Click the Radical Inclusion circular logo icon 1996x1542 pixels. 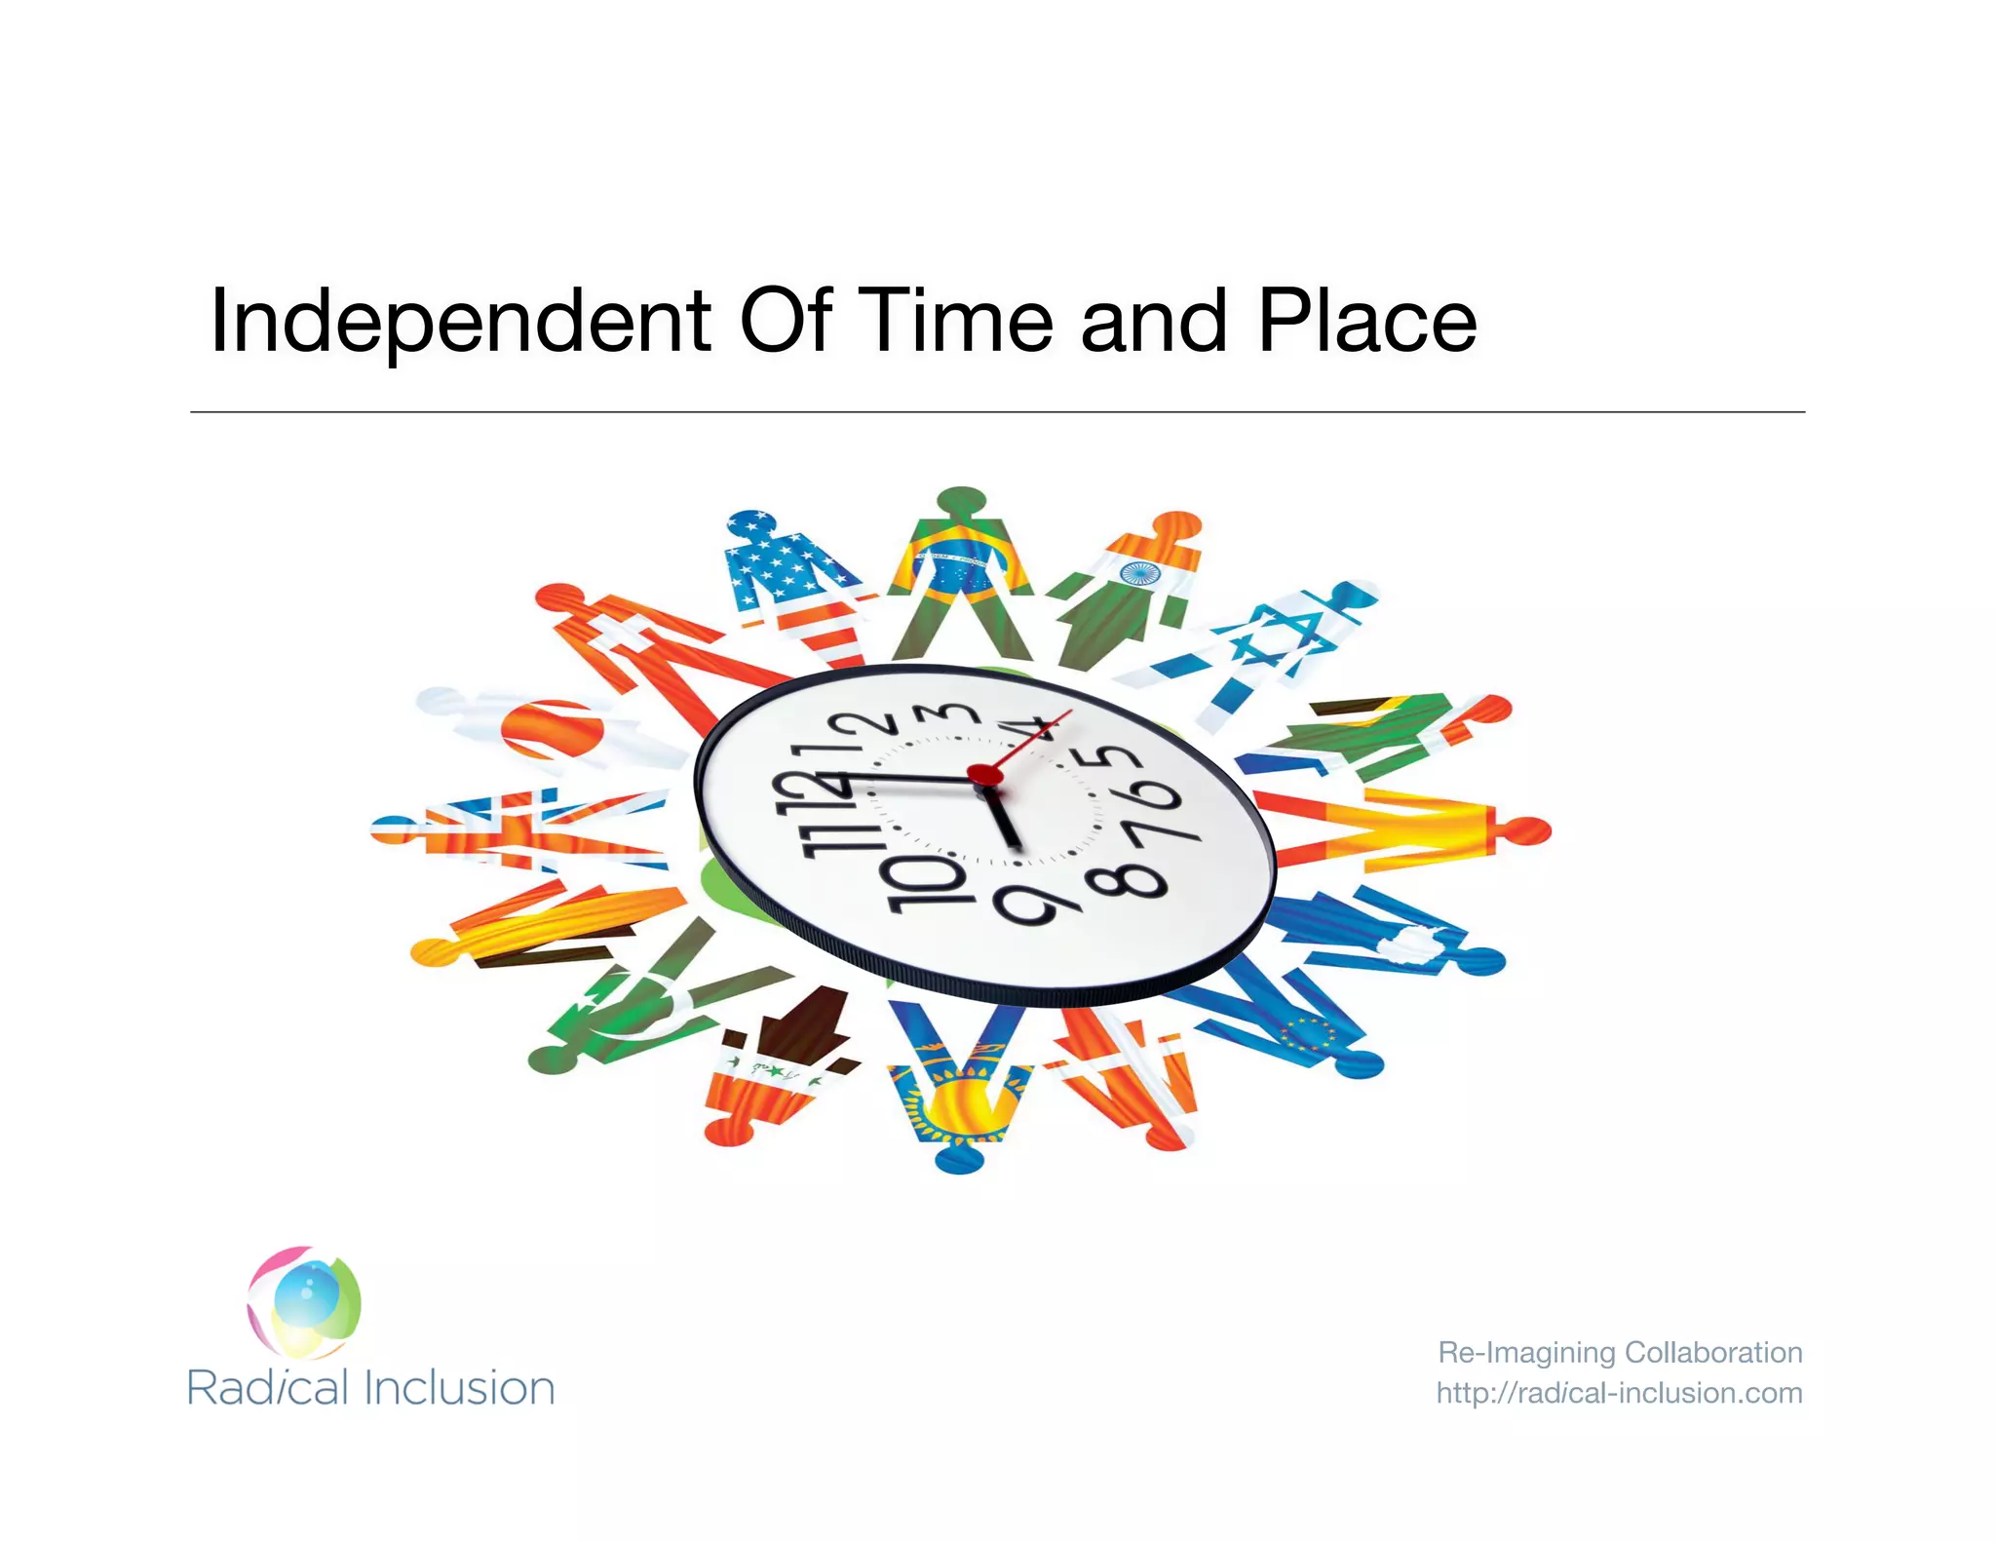coord(304,1302)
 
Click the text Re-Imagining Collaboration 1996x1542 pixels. coord(1619,1352)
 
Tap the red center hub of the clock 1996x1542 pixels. coord(983,775)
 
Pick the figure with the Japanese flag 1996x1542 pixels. coord(546,726)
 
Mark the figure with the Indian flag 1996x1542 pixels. coord(1131,585)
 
